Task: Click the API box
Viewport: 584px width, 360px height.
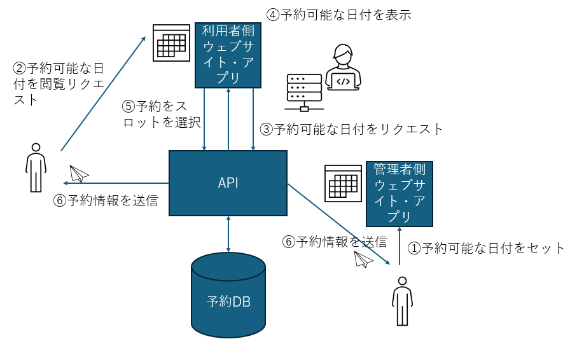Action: [x=228, y=183]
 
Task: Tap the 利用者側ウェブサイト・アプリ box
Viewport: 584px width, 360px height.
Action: [x=228, y=55]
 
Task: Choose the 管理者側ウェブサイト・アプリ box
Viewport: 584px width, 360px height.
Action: [x=399, y=193]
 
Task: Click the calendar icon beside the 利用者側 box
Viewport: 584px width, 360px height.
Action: [x=171, y=43]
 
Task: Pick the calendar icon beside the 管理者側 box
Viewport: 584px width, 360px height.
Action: [x=343, y=183]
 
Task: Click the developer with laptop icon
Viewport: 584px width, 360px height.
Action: [x=343, y=67]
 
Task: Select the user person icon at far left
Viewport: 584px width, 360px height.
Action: [x=36, y=167]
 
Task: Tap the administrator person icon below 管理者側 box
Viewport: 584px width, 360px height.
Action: [x=401, y=300]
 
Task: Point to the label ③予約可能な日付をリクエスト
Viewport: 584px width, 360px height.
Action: [x=352, y=129]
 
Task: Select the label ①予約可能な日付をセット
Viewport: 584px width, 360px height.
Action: [x=486, y=248]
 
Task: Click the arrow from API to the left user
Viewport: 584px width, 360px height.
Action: [x=118, y=183]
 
